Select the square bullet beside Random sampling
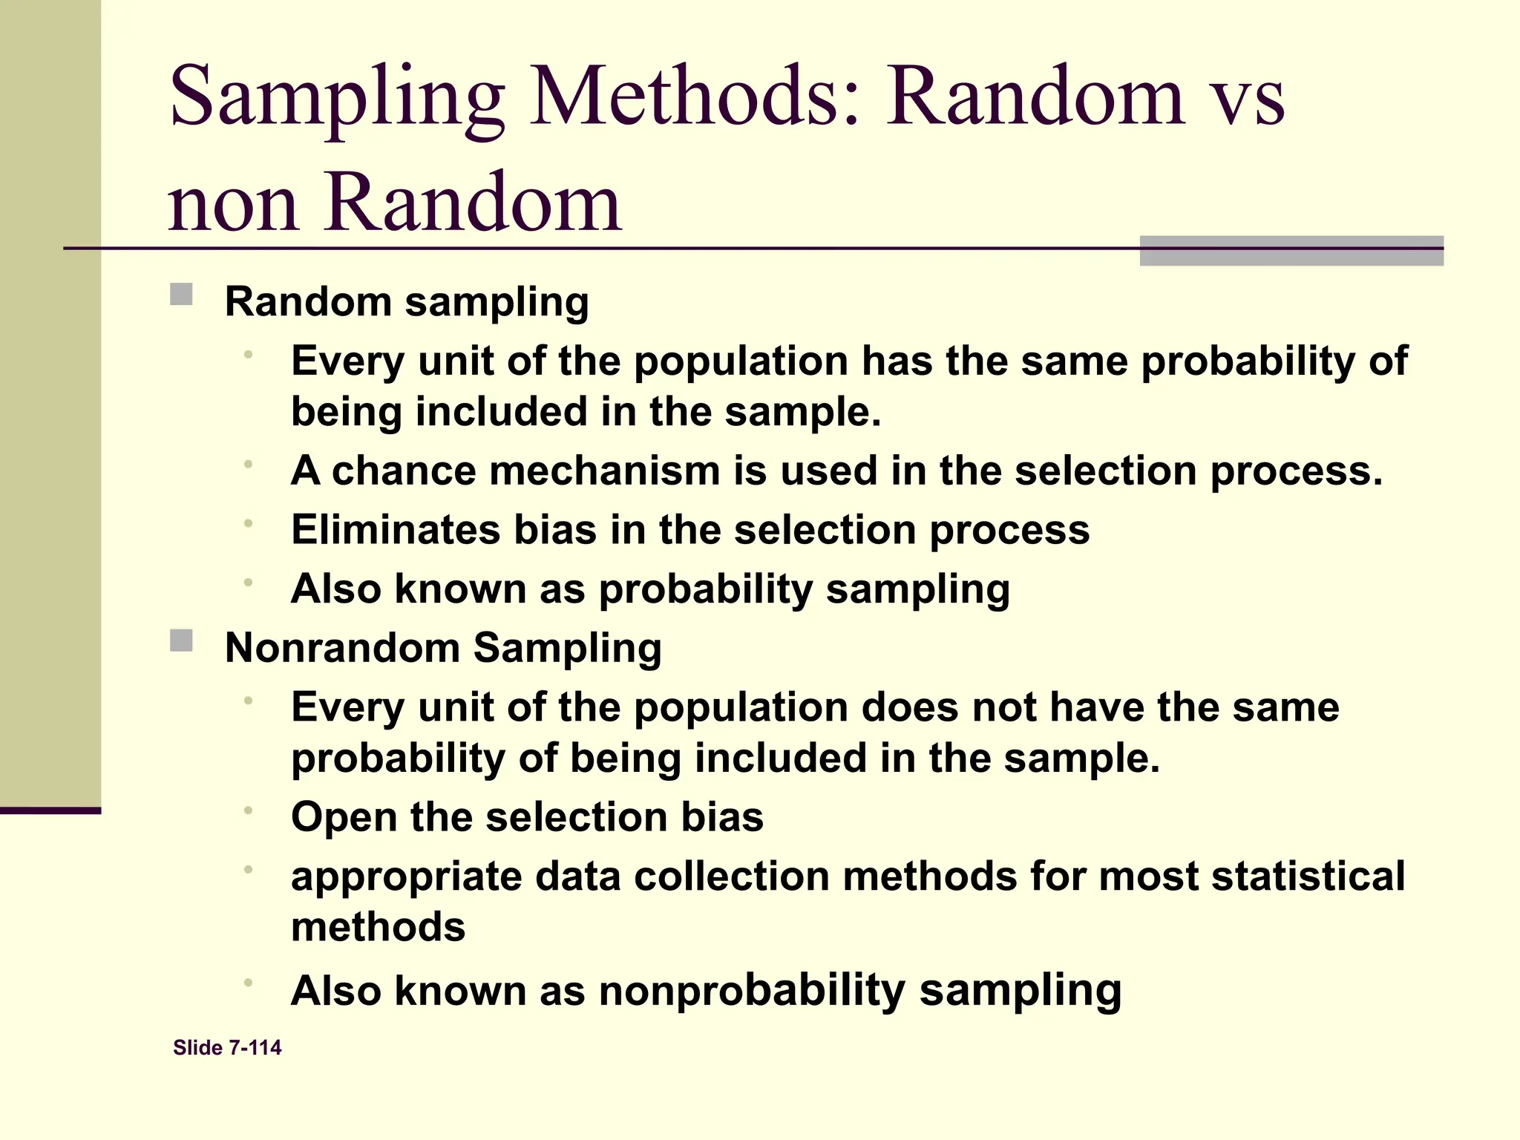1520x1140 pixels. [181, 295]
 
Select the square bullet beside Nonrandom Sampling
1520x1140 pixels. [181, 641]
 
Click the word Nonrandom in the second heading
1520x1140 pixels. [342, 647]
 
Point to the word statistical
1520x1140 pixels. [1308, 876]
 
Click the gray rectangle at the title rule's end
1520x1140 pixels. [1291, 251]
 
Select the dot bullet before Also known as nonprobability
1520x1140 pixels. [249, 983]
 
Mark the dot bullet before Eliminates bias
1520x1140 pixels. [249, 523]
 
